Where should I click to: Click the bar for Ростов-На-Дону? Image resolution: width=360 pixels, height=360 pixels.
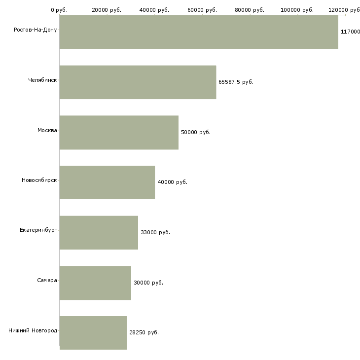(x=199, y=32)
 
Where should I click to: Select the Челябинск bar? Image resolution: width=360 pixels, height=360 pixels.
(x=138, y=82)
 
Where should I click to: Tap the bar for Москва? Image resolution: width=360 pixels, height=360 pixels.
(x=119, y=133)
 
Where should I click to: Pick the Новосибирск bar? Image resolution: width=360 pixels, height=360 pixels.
(x=107, y=182)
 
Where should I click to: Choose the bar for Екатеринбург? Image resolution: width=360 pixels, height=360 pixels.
(x=99, y=233)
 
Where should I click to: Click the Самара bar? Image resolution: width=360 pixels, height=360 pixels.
(x=95, y=283)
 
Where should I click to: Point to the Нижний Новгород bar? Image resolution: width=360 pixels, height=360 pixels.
(x=93, y=333)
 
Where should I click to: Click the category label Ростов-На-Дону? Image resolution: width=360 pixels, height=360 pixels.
(x=36, y=30)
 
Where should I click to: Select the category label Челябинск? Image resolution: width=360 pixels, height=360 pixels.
(x=42, y=80)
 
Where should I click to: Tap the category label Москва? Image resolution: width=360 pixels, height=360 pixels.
(x=47, y=130)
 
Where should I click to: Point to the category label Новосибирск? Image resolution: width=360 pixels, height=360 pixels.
(x=39, y=180)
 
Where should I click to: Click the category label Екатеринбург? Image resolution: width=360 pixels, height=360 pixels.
(x=38, y=230)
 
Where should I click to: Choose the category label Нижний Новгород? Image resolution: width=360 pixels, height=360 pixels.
(x=33, y=330)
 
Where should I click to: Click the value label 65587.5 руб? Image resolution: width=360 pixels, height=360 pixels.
(x=236, y=82)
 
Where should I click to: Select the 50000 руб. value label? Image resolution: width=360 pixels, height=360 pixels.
(x=196, y=132)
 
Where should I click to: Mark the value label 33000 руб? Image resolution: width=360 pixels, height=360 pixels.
(x=155, y=232)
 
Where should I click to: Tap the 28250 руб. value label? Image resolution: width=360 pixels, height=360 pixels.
(x=144, y=332)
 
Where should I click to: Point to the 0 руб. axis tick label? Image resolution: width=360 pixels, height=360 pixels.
(x=59, y=10)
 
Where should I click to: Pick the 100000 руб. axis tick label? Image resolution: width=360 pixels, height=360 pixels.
(x=297, y=10)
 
